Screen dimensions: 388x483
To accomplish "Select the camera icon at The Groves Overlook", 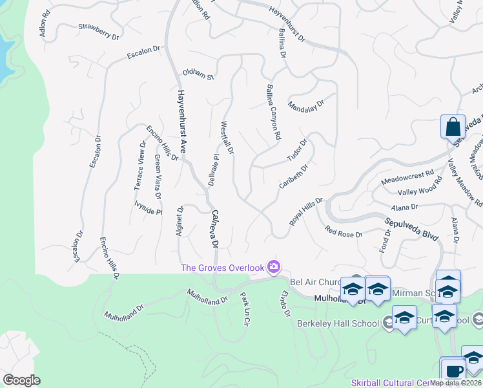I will point(274,266).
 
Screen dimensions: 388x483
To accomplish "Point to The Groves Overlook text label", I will point(223,268).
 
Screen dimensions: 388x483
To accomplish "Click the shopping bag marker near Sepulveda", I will point(453,126).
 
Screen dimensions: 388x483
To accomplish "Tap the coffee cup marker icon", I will point(454,371).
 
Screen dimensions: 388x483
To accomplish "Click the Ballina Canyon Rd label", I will point(274,112).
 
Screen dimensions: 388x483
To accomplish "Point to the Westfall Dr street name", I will point(227,137).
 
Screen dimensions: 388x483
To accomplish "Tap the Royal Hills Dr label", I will point(305,211).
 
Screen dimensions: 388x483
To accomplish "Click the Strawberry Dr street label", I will point(99,32).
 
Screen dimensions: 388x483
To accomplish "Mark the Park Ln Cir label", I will point(244,308).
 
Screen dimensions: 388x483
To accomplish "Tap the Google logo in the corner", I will point(21,380).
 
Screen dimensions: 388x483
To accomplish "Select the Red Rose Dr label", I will point(344,232).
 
